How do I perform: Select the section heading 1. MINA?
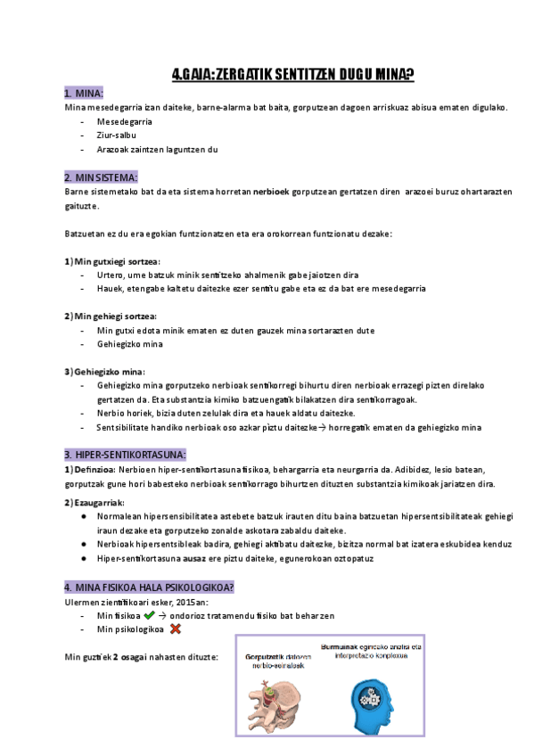click(85, 94)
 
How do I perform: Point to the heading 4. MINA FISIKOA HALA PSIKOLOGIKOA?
click(149, 588)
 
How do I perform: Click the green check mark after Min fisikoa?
click(148, 615)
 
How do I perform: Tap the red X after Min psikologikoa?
click(176, 629)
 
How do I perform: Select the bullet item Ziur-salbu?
click(116, 135)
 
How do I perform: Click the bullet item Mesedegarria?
click(125, 121)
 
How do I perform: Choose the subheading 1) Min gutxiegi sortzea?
click(112, 261)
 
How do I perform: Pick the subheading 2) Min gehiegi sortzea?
click(111, 316)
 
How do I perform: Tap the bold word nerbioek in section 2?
click(271, 192)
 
